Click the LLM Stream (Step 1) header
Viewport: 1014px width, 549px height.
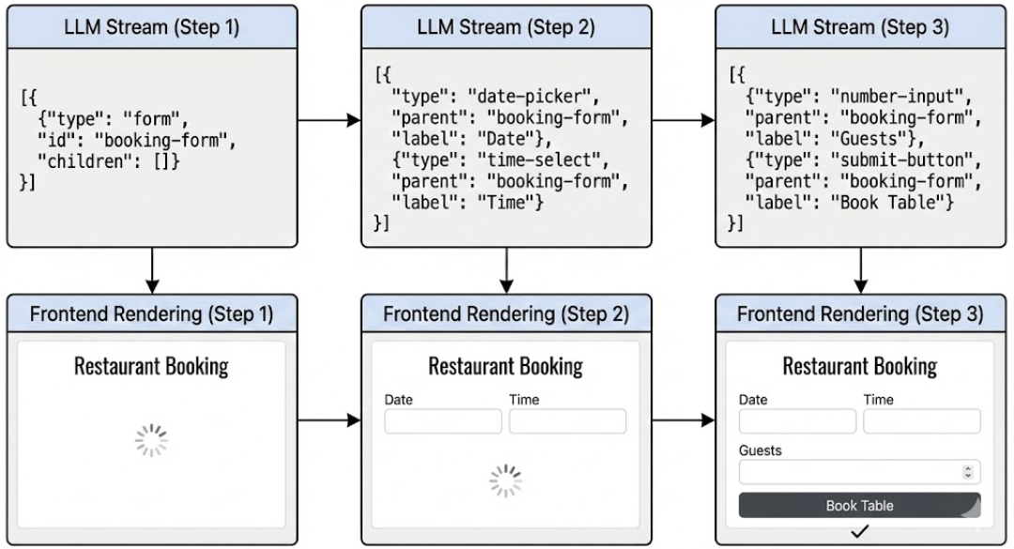tap(152, 27)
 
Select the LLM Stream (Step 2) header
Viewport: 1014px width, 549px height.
tap(506, 27)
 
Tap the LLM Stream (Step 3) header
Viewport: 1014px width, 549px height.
tap(860, 27)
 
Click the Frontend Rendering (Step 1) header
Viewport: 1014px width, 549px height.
tap(152, 313)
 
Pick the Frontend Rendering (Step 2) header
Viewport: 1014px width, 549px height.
tap(506, 313)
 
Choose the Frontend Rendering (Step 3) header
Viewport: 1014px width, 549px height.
tap(860, 313)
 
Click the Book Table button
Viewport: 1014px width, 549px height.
tap(859, 505)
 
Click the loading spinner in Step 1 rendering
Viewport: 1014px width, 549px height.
tap(151, 440)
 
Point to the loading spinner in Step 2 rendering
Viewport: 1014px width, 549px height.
tap(506, 480)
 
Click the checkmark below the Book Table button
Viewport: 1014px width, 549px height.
tap(859, 531)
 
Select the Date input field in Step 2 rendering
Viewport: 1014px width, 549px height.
tap(443, 421)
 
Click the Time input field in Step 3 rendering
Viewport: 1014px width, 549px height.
tap(921, 421)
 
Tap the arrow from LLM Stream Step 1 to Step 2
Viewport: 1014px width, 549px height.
tap(329, 120)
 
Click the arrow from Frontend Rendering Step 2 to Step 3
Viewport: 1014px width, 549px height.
tap(683, 420)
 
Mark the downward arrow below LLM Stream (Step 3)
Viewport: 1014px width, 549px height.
tap(860, 270)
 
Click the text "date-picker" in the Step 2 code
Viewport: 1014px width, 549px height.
tap(532, 97)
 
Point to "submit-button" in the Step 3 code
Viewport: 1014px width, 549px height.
tap(888, 160)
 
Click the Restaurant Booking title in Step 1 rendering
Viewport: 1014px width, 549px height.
tap(151, 365)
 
